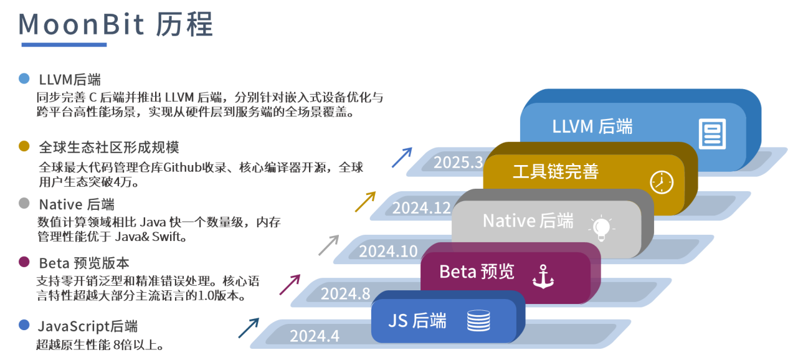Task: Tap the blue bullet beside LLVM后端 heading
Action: [24, 78]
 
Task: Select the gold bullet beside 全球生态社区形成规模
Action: [24, 146]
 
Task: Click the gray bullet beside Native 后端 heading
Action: [24, 204]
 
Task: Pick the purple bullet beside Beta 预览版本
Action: [24, 262]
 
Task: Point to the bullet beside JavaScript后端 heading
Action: [24, 325]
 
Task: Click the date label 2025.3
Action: [458, 163]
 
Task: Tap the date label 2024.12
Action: [421, 207]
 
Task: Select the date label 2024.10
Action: [388, 251]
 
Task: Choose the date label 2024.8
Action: [345, 293]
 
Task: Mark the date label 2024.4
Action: [315, 336]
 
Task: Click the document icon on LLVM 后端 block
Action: [712, 133]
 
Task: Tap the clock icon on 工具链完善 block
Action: [662, 182]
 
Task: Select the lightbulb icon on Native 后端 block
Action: [600, 228]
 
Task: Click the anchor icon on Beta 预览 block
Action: [543, 276]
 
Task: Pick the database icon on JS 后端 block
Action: [478, 321]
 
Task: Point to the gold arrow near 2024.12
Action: [366, 201]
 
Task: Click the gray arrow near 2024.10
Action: [329, 245]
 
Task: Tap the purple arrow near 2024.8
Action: [290, 284]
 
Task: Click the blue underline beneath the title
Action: [64, 45]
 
